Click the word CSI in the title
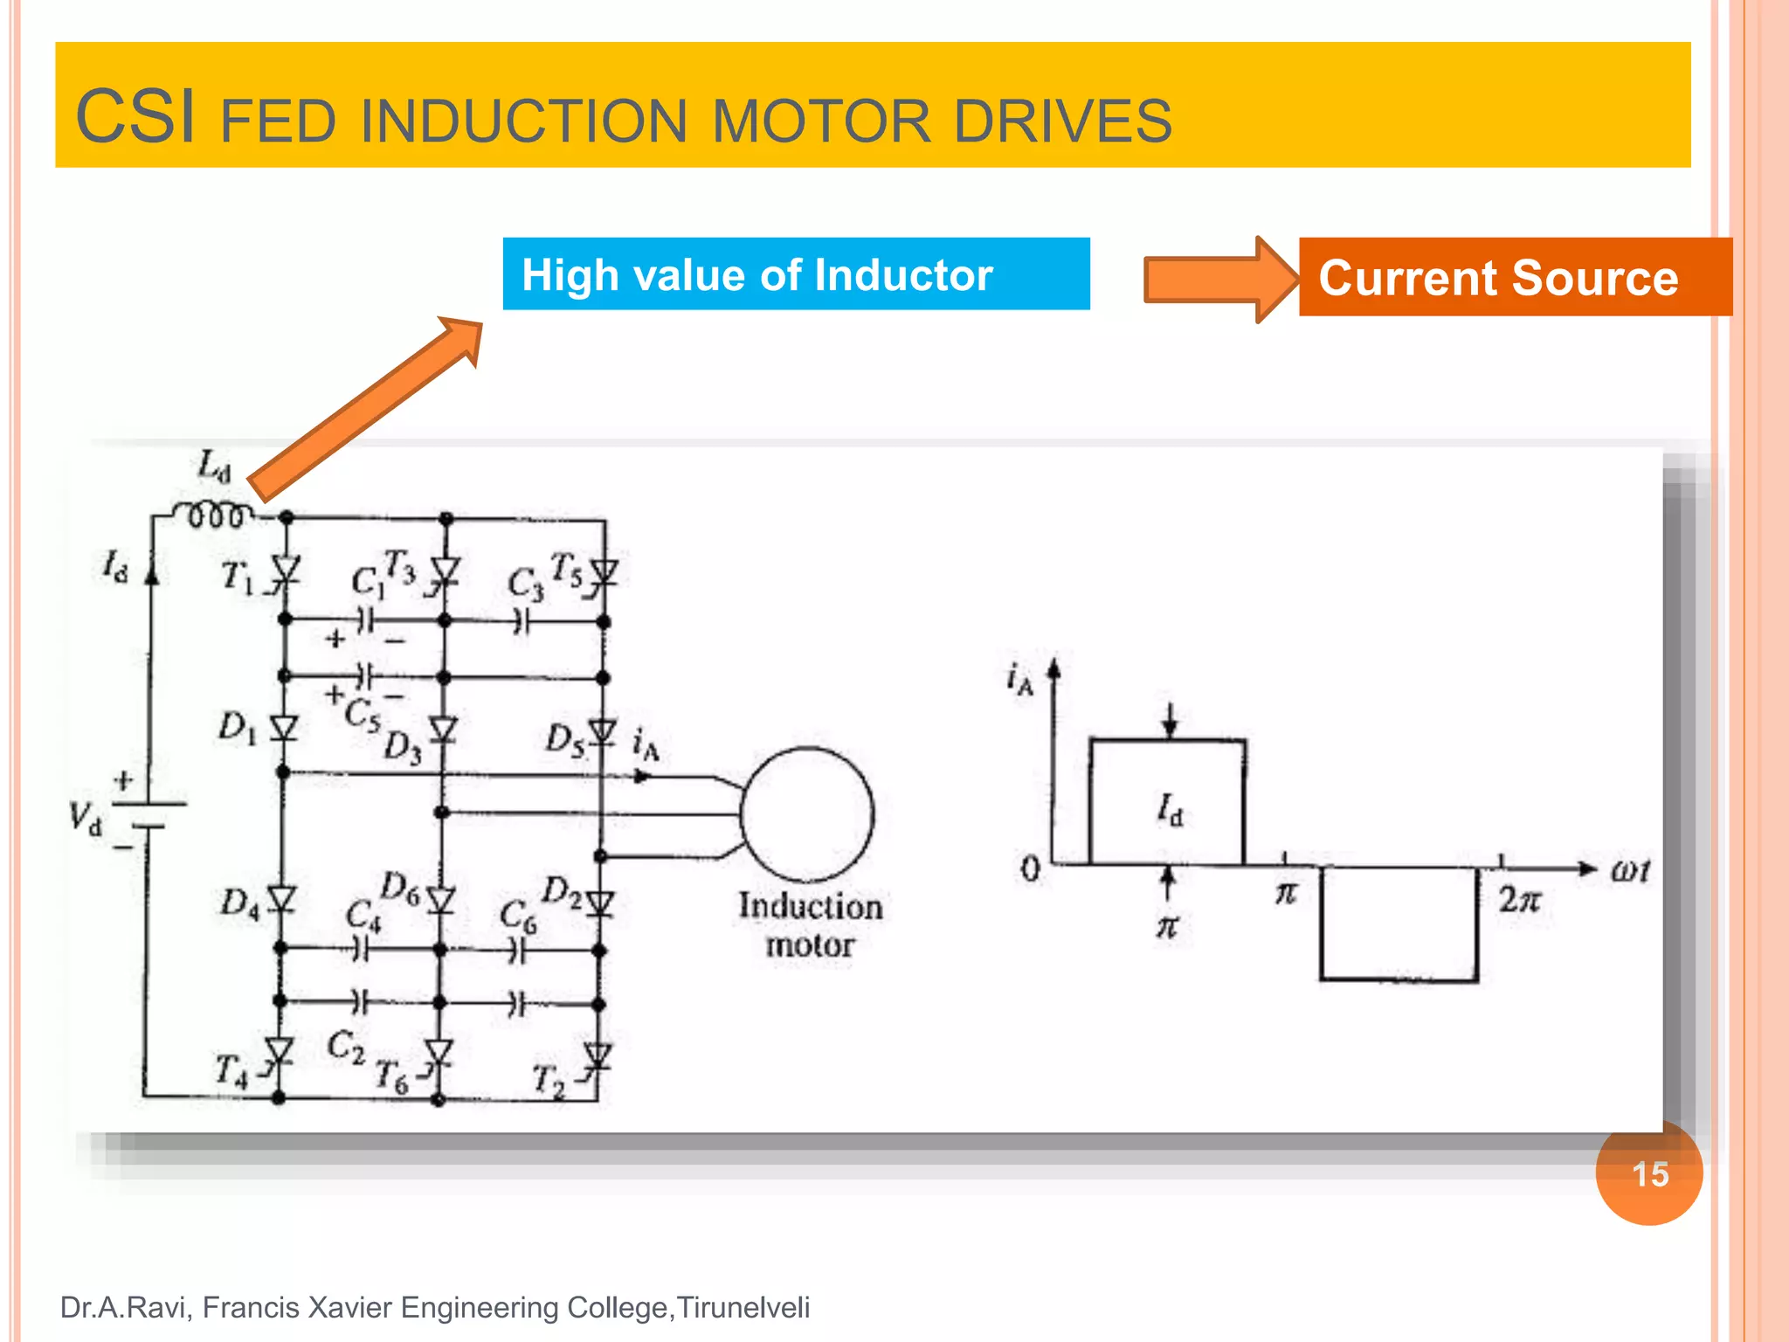[135, 117]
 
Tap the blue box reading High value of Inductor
[795, 274]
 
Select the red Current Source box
[1514, 277]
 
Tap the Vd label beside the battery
[86, 819]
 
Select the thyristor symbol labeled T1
[286, 573]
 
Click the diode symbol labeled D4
[281, 898]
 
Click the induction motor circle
[806, 813]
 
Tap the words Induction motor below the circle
[810, 925]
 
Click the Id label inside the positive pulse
[1170, 810]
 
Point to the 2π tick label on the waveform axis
[1519, 899]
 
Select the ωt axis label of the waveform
[1630, 870]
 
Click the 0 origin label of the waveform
[1031, 869]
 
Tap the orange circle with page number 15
[1649, 1173]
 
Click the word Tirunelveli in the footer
[743, 1308]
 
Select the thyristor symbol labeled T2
[597, 1058]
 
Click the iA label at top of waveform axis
[1019, 679]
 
